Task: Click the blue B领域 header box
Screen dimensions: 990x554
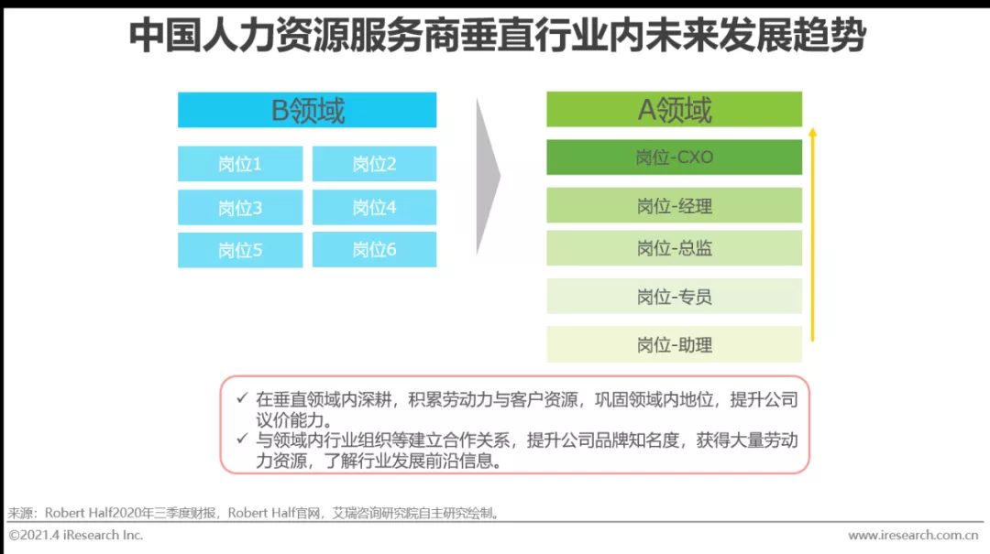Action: (x=307, y=110)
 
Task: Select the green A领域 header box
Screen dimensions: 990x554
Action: (x=675, y=109)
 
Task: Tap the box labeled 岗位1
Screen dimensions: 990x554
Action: (x=240, y=163)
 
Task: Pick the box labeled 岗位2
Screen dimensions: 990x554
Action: (x=374, y=163)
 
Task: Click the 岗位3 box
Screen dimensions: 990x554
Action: (x=240, y=207)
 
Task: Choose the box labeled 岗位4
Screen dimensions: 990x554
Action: (x=374, y=207)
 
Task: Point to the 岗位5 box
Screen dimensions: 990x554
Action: (x=240, y=250)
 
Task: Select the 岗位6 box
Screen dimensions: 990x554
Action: (x=374, y=249)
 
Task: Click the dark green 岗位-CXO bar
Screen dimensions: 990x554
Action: (x=675, y=157)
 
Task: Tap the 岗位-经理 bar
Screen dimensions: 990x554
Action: (x=675, y=205)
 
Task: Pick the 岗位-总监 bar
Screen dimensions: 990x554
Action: (x=675, y=248)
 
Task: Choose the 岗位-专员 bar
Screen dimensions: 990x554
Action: (x=675, y=296)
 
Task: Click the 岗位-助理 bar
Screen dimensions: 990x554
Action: (x=675, y=344)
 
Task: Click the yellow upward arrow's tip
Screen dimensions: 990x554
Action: (x=812, y=128)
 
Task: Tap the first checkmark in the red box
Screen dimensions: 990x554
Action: (x=242, y=397)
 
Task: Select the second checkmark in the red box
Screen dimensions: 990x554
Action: (x=242, y=438)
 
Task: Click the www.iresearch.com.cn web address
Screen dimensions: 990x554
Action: (x=913, y=535)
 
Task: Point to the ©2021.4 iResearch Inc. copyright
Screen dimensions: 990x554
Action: (x=76, y=535)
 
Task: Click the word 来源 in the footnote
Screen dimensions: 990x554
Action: (x=20, y=513)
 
